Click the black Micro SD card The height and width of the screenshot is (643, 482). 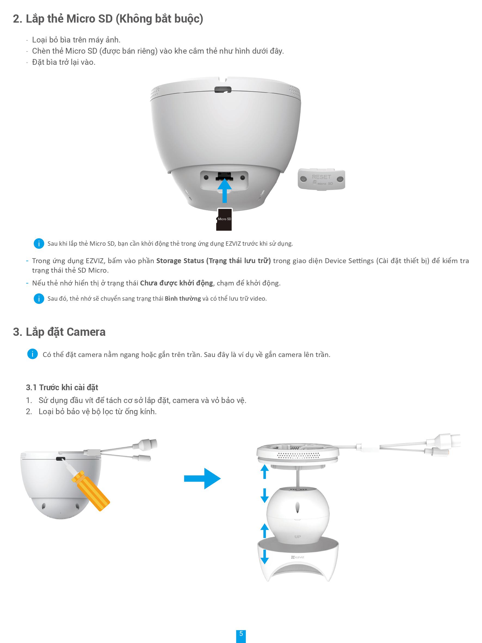[224, 220]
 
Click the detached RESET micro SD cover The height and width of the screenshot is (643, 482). [321, 179]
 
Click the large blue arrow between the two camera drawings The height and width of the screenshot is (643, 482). [202, 478]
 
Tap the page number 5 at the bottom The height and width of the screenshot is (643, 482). [241, 633]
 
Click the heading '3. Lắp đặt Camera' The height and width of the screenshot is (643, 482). [59, 332]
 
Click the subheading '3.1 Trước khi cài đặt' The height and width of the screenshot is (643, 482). [62, 387]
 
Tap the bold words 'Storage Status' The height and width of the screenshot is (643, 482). [180, 261]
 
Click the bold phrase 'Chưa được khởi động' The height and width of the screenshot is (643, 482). [177, 283]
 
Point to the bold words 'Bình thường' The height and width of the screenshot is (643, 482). [183, 299]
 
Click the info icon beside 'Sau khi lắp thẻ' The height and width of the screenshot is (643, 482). [39, 243]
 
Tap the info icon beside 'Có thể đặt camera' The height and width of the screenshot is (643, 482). [33, 354]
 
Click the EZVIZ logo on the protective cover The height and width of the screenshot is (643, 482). [298, 557]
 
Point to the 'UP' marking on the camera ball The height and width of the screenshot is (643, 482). [298, 537]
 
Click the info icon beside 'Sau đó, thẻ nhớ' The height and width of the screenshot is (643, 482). [39, 299]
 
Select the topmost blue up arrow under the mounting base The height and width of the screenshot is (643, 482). [264, 472]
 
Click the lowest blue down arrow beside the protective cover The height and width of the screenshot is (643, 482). [264, 556]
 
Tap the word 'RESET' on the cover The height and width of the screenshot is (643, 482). [321, 177]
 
